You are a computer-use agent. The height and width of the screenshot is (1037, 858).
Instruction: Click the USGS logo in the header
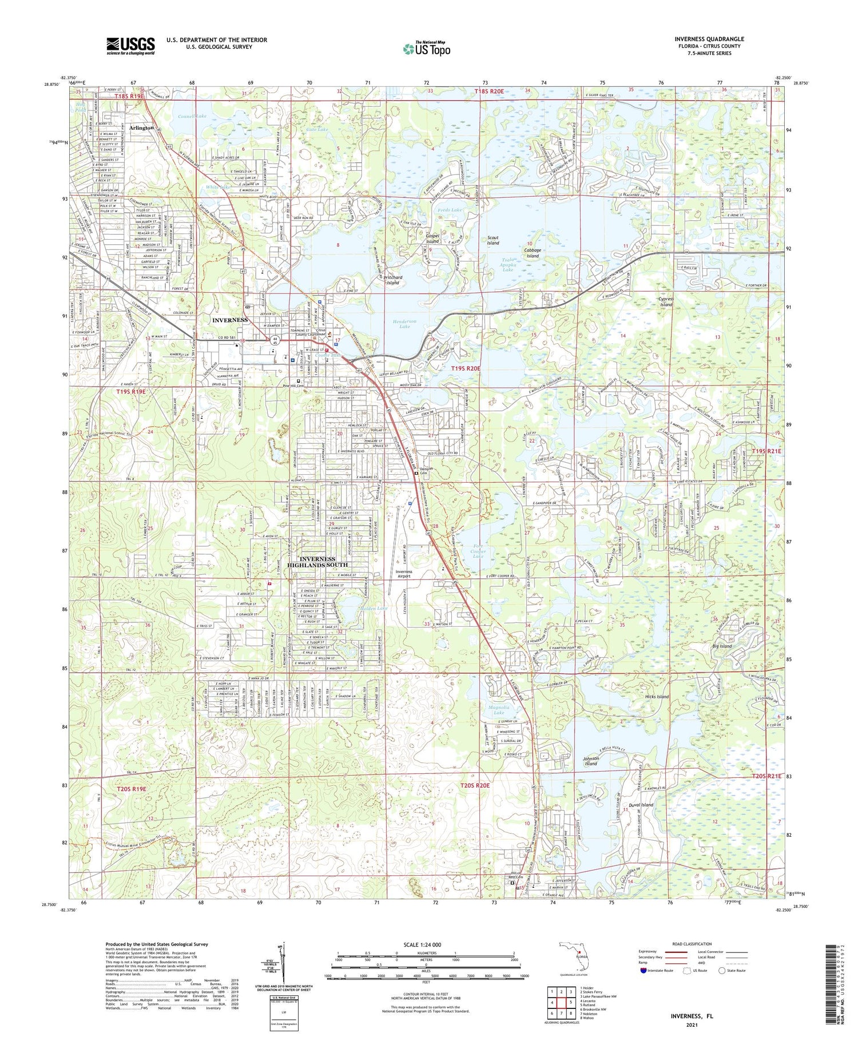(130, 46)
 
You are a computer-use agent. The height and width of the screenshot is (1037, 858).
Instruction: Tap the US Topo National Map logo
(426, 49)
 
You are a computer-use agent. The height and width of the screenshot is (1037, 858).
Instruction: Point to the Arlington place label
(141, 128)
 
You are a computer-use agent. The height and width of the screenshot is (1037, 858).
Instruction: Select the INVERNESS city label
(230, 320)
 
